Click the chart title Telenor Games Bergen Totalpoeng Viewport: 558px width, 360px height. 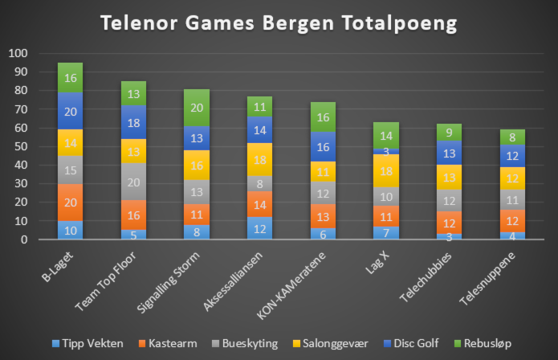(279, 23)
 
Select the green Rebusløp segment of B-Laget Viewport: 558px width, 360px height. (70, 78)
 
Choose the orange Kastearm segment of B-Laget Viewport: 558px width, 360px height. (70, 202)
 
